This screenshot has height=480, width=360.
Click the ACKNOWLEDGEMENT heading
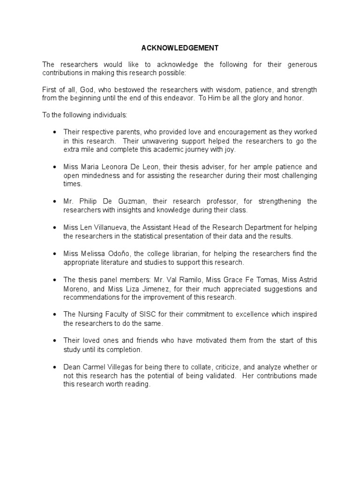(x=180, y=48)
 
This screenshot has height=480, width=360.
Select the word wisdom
(x=226, y=89)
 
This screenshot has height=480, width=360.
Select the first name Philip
(x=89, y=201)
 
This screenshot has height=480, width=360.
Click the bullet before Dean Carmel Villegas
(x=55, y=367)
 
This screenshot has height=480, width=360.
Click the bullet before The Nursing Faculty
(x=55, y=314)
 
